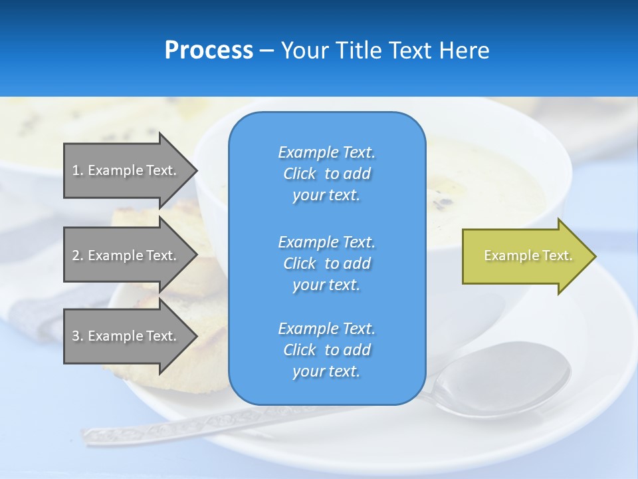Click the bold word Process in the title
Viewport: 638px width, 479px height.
click(x=209, y=51)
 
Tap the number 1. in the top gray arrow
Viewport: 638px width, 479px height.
click(x=78, y=170)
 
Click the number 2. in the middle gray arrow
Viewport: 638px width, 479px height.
click(x=78, y=255)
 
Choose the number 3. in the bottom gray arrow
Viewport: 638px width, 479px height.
click(x=78, y=336)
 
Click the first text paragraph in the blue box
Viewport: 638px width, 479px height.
click(x=326, y=174)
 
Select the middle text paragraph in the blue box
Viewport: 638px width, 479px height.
click(x=326, y=263)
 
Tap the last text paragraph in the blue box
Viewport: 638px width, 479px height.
click(x=326, y=350)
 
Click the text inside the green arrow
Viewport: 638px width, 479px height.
click(x=528, y=255)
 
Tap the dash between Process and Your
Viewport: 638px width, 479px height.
click(x=266, y=51)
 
